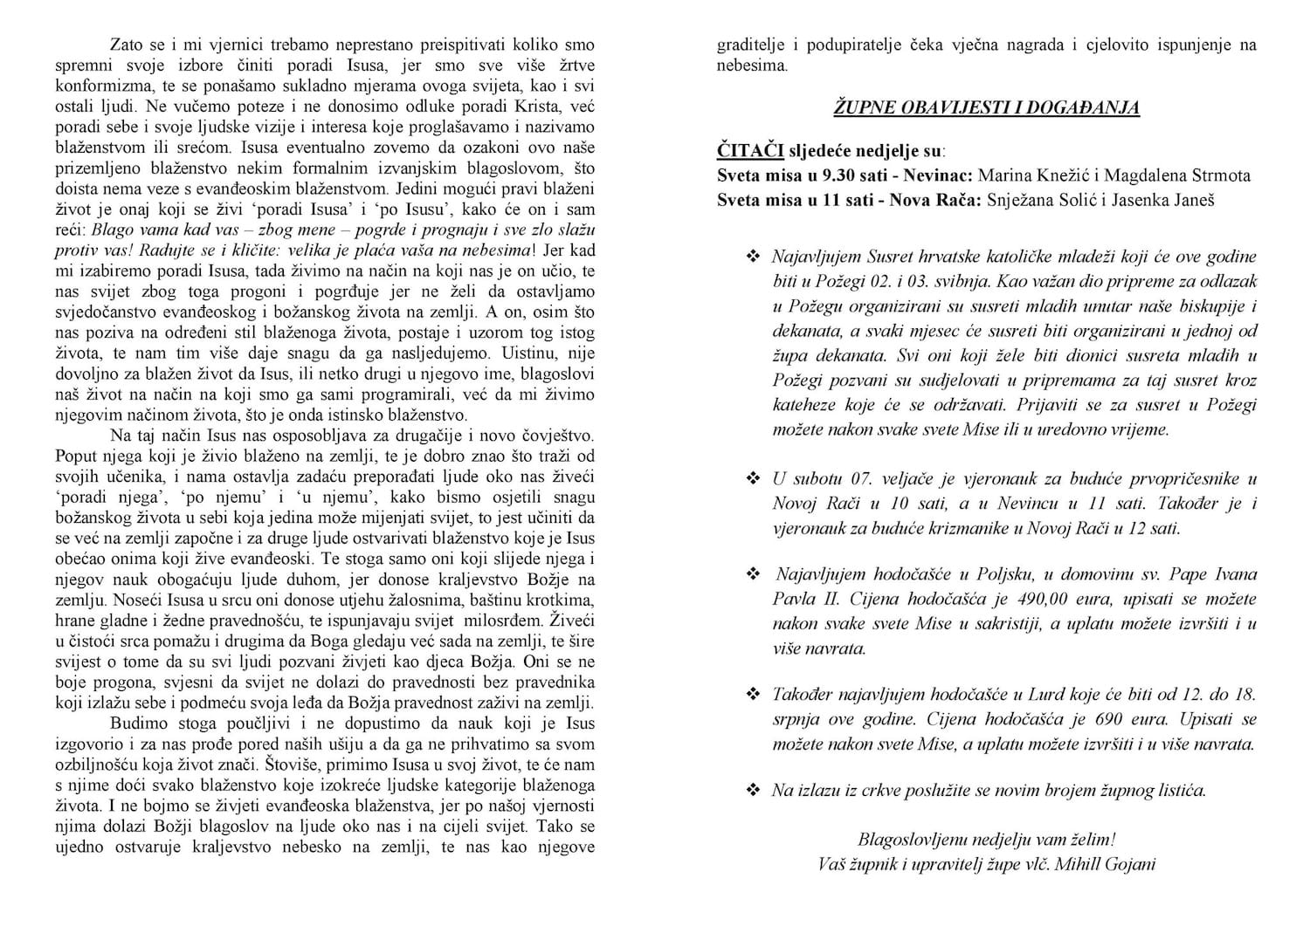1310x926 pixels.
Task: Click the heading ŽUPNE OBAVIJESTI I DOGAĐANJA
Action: pos(987,107)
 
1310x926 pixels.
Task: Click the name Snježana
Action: pos(1017,200)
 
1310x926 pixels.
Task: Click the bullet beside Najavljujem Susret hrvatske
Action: pos(752,257)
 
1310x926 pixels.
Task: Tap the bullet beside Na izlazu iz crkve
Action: pos(752,790)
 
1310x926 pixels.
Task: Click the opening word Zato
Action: pos(128,45)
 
